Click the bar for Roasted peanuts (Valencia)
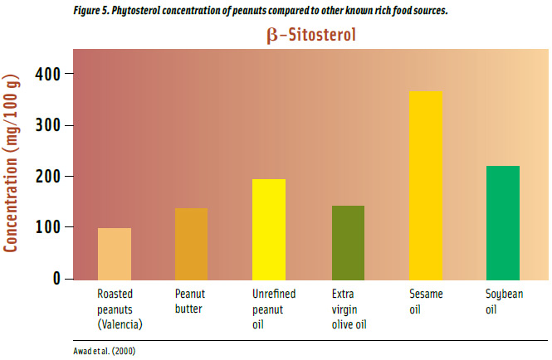pos(115,254)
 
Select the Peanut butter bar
pos(192,244)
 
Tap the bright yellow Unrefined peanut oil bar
pos(269,229)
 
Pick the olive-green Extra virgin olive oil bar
pos(348,242)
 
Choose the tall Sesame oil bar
pos(426,185)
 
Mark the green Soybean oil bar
pos(503,222)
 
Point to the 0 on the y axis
pos(56,279)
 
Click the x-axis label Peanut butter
pos(191,299)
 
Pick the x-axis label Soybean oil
pos(504,299)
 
